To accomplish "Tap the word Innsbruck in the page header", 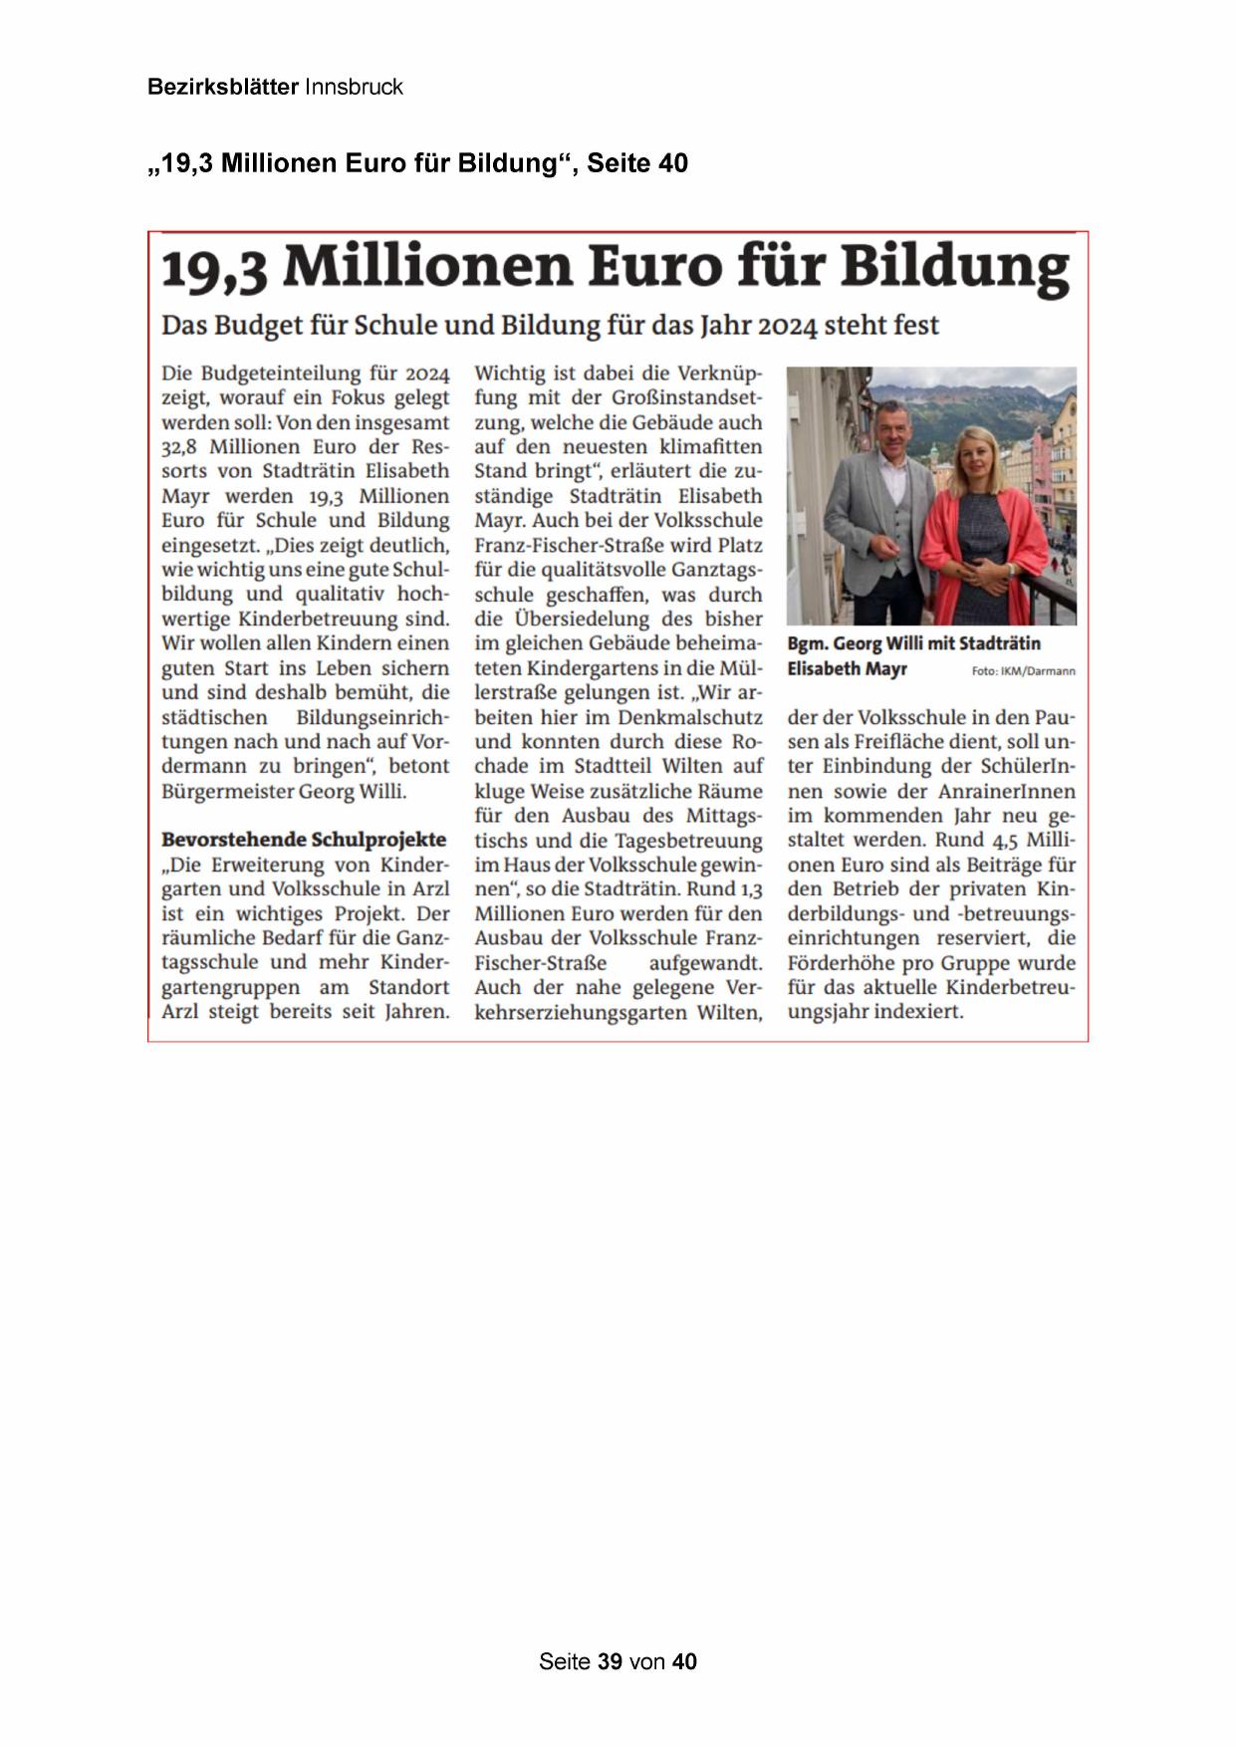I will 354,88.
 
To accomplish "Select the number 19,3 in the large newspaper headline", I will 214,269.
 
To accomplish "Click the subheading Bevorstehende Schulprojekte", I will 304,840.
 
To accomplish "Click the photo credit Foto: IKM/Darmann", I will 1023,671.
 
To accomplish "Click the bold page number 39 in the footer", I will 611,1661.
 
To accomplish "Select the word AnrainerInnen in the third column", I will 1007,792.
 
